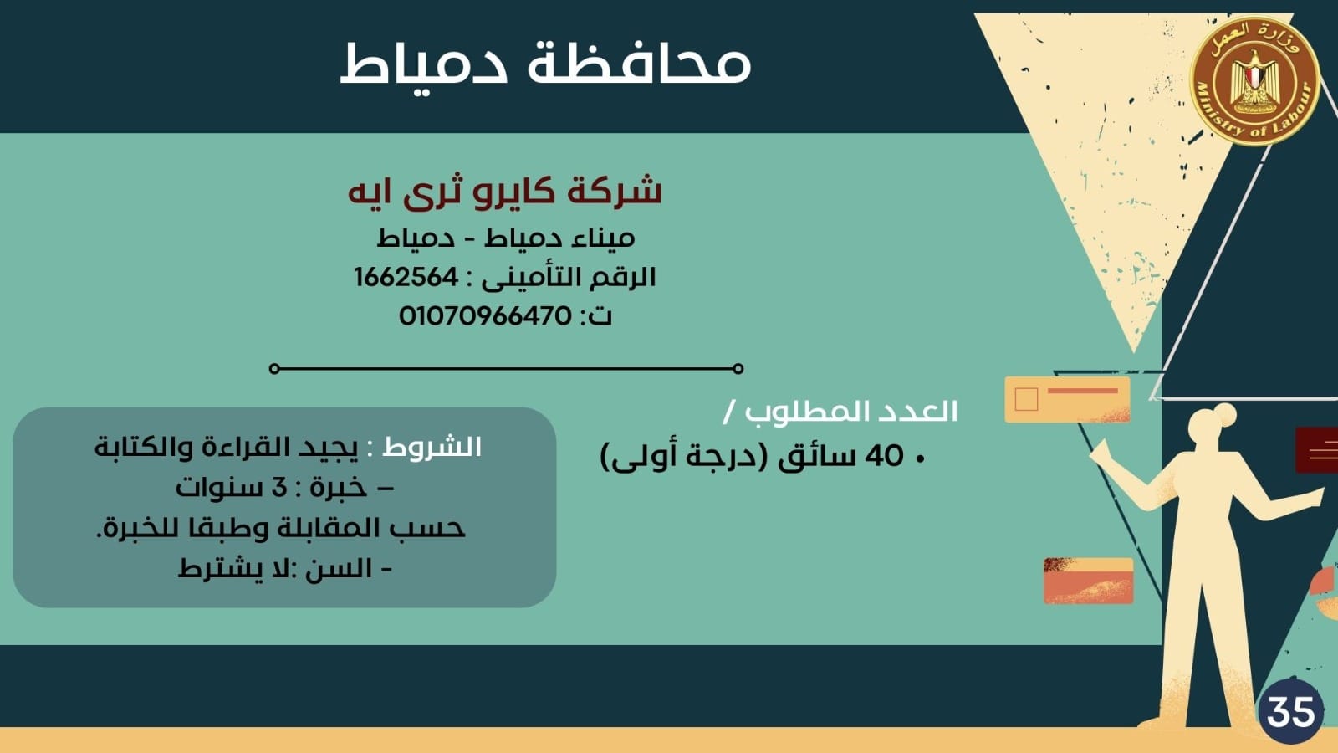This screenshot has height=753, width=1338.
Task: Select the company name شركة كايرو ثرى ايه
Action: click(505, 192)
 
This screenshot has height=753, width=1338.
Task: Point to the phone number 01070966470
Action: click(485, 316)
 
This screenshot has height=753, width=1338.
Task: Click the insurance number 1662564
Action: click(406, 277)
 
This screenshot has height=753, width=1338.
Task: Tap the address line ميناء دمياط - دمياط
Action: click(505, 238)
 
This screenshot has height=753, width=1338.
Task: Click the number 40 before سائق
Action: click(885, 456)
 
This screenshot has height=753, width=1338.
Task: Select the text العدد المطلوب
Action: click(850, 412)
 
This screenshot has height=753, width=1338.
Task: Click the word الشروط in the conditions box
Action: click(432, 447)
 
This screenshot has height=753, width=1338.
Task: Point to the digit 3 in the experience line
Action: click(279, 487)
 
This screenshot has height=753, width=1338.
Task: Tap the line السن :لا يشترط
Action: click(285, 569)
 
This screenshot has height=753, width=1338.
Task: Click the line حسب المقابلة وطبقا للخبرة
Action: click(281, 528)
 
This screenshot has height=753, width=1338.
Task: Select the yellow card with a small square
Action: click(1067, 399)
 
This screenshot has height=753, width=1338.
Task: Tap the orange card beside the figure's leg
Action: click(1088, 581)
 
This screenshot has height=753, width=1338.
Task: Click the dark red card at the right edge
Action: click(1317, 450)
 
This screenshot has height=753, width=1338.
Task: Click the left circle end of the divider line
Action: click(274, 368)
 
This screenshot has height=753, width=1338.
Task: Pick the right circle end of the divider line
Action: click(738, 368)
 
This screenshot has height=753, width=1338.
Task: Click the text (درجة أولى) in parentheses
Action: click(686, 457)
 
